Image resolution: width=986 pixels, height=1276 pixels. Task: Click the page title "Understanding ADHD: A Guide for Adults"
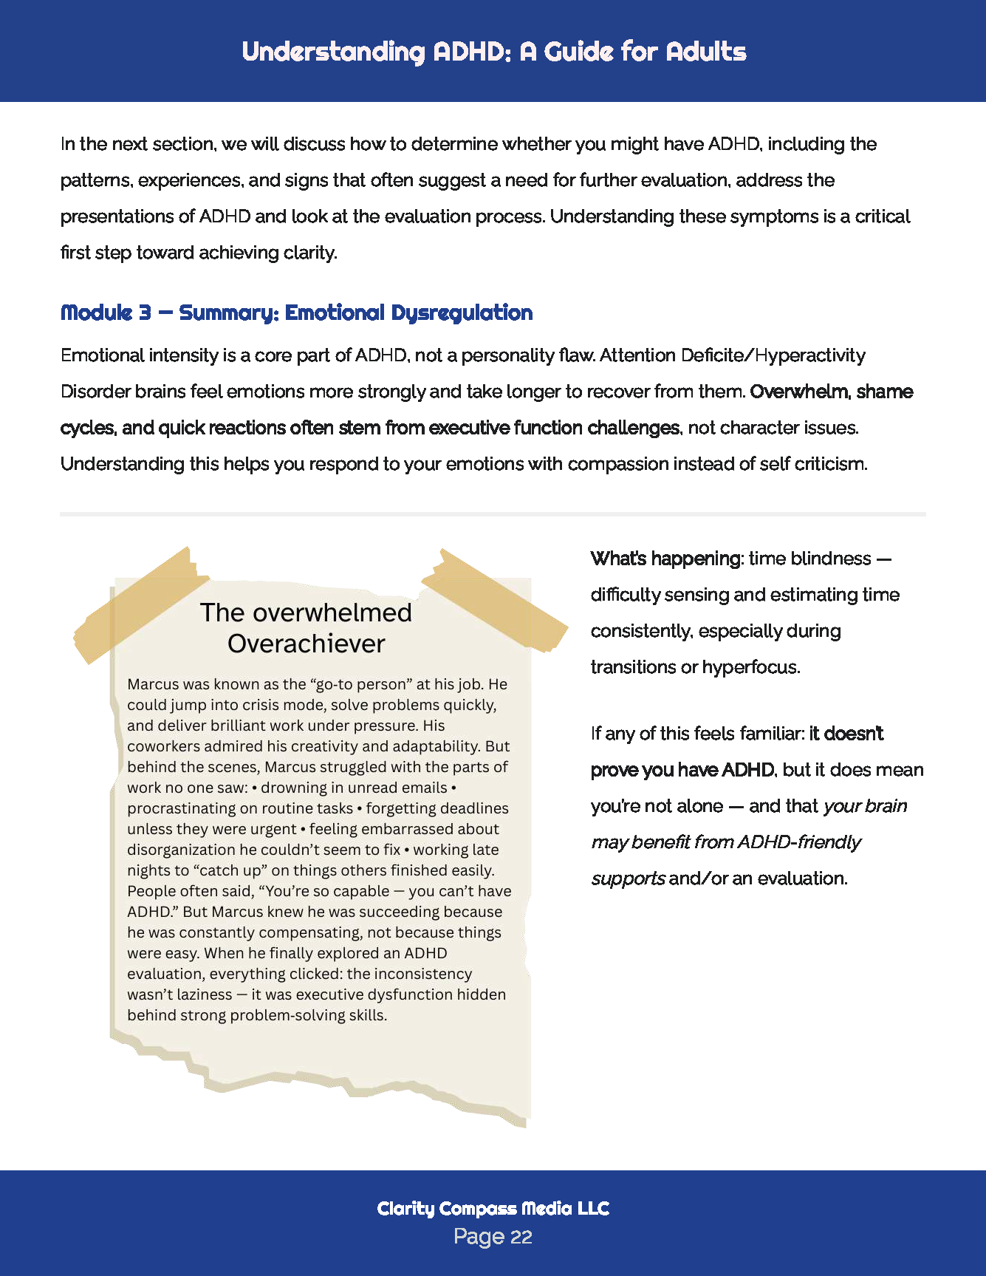tap(493, 52)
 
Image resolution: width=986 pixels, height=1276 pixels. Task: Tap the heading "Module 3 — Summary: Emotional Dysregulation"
tap(296, 313)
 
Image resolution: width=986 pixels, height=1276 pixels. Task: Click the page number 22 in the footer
tap(521, 1237)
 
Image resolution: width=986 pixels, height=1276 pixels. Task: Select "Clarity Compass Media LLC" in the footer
tap(493, 1208)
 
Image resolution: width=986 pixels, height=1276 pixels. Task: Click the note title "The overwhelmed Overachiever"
tap(306, 627)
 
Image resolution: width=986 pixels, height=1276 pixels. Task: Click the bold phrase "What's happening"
tap(665, 559)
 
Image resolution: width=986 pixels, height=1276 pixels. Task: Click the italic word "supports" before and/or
tap(628, 878)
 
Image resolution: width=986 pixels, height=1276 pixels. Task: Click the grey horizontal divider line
tap(493, 514)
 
